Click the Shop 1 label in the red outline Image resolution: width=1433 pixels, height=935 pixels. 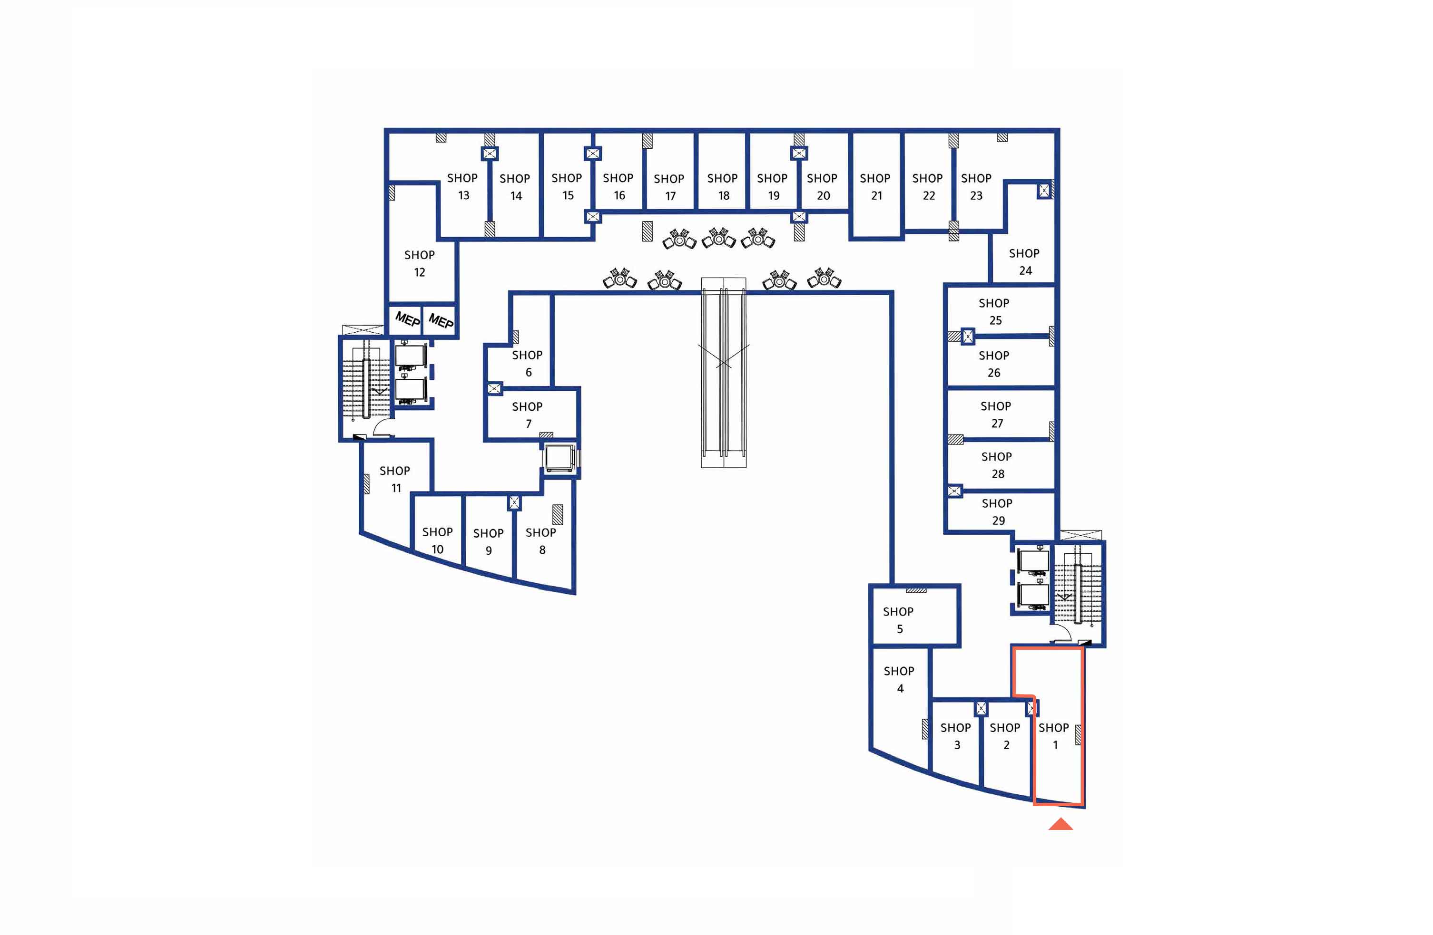point(1054,736)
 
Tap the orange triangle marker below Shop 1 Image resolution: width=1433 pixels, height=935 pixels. point(1060,825)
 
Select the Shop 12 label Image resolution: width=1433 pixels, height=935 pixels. point(419,263)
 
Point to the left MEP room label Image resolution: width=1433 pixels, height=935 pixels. point(407,319)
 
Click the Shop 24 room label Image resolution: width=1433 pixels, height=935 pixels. point(1024,262)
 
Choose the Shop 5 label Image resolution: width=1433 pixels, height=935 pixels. point(898,620)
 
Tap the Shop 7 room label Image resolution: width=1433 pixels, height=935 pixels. point(528,415)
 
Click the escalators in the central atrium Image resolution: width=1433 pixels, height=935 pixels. point(724,373)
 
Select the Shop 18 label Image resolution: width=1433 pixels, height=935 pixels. point(723,186)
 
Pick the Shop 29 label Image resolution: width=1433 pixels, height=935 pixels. point(997,511)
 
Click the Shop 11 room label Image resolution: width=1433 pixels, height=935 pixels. point(395,479)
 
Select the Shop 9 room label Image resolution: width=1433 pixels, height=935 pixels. point(488,541)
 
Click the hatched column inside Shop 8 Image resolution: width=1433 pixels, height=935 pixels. point(558,514)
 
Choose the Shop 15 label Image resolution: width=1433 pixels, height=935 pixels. point(567,186)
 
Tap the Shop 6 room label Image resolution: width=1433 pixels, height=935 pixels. point(528,364)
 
